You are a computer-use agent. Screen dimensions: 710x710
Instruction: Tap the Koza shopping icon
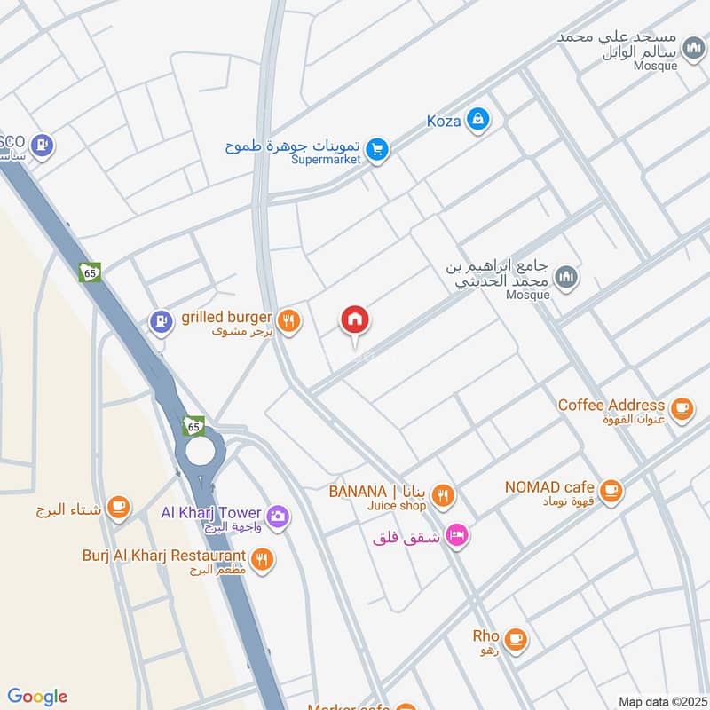pos(477,119)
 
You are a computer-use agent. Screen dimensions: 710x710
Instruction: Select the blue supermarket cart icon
pos(377,151)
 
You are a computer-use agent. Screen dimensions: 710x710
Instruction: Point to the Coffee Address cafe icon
pos(681,407)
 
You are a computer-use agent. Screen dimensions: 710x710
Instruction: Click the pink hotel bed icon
pos(457,535)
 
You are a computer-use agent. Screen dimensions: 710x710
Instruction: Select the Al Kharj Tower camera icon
pos(277,515)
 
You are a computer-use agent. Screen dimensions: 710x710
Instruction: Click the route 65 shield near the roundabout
pos(194,426)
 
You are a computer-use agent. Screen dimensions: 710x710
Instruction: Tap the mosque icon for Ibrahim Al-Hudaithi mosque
pos(566,278)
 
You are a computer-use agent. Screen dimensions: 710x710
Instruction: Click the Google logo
pos(37,697)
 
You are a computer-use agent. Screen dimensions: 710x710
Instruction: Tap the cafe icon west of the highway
pos(117,508)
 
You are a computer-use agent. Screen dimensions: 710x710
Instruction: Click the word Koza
pos(443,120)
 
